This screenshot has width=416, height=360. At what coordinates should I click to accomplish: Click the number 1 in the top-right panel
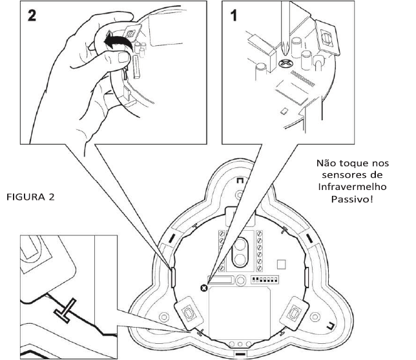[x=236, y=18]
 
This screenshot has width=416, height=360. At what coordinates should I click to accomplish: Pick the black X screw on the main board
[x=205, y=287]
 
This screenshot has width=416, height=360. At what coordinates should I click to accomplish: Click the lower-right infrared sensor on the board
[x=295, y=310]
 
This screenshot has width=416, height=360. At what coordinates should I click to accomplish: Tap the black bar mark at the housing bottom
[x=241, y=354]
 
